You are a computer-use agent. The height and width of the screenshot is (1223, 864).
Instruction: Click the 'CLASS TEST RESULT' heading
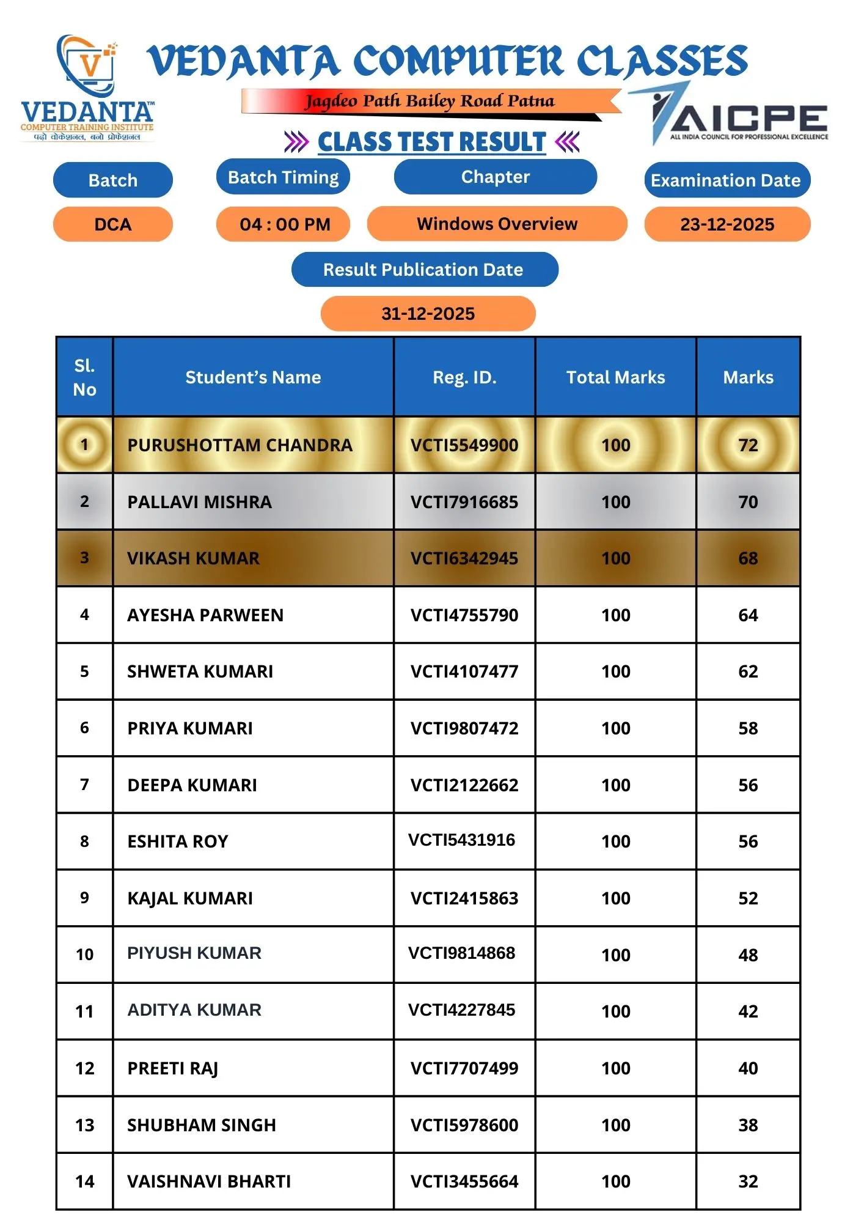click(x=431, y=142)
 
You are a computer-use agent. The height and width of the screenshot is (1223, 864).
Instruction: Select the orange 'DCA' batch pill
click(x=113, y=224)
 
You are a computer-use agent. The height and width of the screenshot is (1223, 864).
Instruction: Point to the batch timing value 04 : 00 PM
click(x=284, y=224)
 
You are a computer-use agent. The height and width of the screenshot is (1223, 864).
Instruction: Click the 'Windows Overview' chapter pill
click(x=497, y=224)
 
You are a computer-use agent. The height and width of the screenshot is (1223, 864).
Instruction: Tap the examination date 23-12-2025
click(x=727, y=224)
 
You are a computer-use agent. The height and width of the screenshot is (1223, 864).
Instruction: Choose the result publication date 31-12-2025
click(x=428, y=314)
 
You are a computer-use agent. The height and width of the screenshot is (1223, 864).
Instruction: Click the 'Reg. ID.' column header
click(x=464, y=377)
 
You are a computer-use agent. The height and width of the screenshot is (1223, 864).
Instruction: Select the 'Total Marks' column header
click(x=615, y=377)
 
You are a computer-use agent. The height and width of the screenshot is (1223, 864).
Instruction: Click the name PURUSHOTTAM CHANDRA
click(x=240, y=445)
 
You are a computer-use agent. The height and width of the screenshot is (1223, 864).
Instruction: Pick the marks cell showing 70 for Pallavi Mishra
click(x=748, y=502)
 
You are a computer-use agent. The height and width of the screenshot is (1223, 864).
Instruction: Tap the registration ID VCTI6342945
click(x=464, y=558)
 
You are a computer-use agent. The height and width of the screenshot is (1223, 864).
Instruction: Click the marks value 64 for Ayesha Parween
click(x=748, y=615)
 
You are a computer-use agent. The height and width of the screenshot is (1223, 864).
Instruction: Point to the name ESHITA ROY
click(x=178, y=841)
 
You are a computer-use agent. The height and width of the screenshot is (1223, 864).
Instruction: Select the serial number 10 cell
click(x=85, y=955)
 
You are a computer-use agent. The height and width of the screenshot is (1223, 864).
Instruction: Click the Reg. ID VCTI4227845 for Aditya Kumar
click(x=462, y=1010)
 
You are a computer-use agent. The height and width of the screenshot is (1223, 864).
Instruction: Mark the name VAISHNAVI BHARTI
click(x=209, y=1181)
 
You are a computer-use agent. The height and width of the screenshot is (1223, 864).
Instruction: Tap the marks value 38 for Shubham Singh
click(x=748, y=1125)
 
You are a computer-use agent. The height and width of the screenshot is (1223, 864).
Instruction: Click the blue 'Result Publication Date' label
click(x=423, y=270)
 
